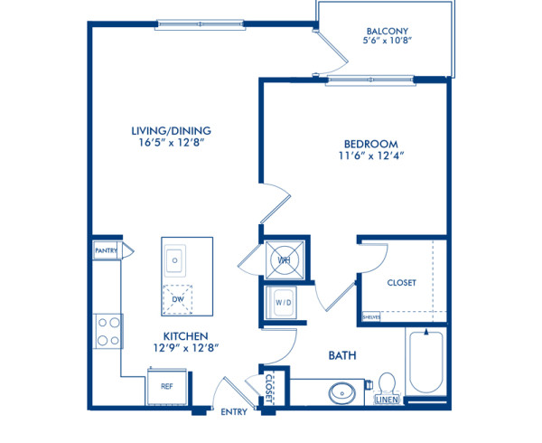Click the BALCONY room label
click(x=384, y=28)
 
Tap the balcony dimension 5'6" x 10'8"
click(x=384, y=42)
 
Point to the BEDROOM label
click(x=370, y=144)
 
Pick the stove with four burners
click(x=107, y=330)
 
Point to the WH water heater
click(x=284, y=260)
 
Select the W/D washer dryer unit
click(x=284, y=303)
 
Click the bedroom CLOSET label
click(x=401, y=283)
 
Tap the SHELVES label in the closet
click(x=370, y=317)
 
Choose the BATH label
click(x=341, y=356)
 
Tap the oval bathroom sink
click(x=341, y=393)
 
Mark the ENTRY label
click(x=234, y=411)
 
